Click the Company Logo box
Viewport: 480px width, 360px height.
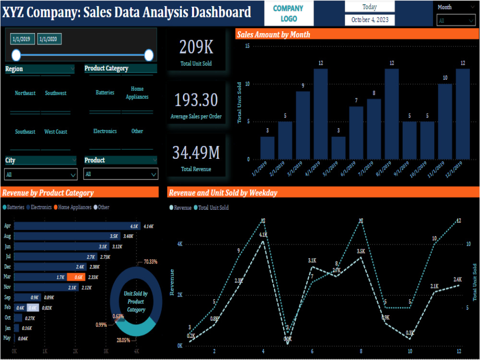pos(288,13)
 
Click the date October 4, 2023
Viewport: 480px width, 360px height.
pos(370,20)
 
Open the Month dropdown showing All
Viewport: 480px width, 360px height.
pos(456,20)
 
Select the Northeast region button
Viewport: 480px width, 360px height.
pos(25,93)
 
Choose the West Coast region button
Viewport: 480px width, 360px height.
pos(56,132)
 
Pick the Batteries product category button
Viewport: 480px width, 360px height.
pos(105,93)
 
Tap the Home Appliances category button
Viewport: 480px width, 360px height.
pos(137,93)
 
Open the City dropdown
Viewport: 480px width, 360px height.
pos(41,174)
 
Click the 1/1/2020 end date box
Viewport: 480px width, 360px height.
pos(49,39)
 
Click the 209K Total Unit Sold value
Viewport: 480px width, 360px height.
pos(196,47)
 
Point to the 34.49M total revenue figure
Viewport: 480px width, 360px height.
pos(196,153)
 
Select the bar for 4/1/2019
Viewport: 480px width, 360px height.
pos(321,114)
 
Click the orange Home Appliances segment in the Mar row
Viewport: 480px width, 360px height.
pos(76,277)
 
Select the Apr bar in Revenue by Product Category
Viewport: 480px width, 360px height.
pos(77,226)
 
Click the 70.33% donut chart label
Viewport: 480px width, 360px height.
pos(150,262)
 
